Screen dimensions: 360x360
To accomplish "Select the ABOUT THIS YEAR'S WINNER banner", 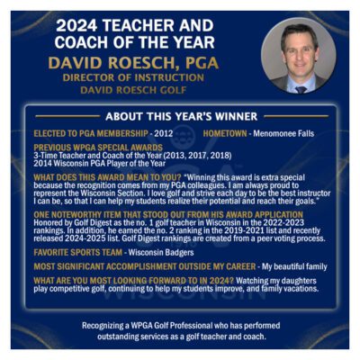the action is coord(179,117).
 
